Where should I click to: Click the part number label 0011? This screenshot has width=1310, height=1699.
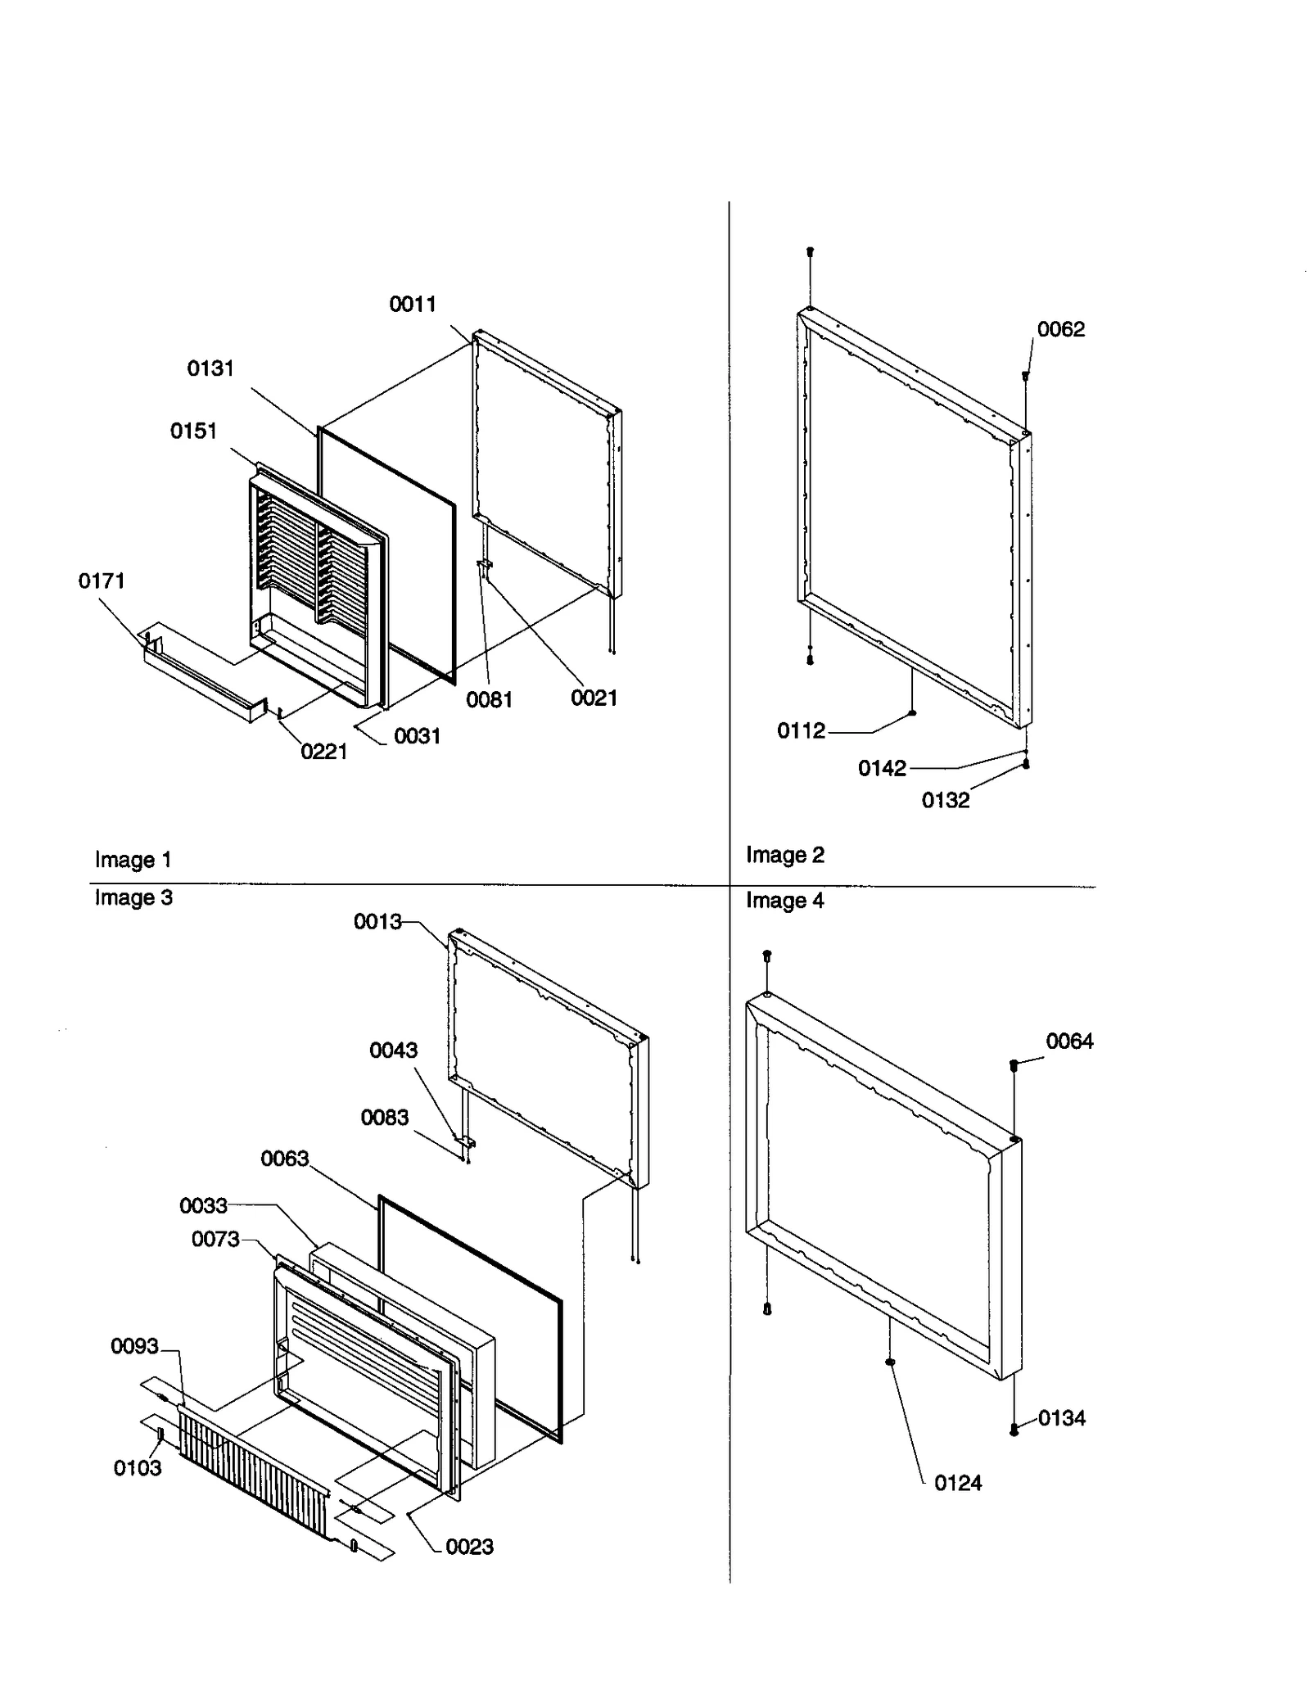tap(412, 305)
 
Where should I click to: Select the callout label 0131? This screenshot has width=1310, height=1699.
tap(210, 369)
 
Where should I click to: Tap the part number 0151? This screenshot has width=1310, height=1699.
tap(193, 432)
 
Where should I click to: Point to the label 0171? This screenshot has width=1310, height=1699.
tap(102, 581)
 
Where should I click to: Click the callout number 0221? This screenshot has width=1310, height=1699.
tap(324, 752)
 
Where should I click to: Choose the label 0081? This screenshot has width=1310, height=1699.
tap(489, 700)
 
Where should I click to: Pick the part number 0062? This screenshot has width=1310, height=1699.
tap(1060, 330)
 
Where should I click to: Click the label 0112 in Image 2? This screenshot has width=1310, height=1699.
tap(801, 731)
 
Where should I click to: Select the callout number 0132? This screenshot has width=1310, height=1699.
tap(945, 801)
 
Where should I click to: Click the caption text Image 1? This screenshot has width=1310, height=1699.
tap(133, 860)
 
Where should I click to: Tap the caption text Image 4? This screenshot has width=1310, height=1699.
tap(784, 901)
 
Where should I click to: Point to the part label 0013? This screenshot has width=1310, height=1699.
tap(377, 922)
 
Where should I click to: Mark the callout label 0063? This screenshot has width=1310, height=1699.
tap(284, 1159)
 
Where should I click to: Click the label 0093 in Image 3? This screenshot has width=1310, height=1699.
tap(134, 1347)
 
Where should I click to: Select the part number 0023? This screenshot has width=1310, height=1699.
tap(469, 1547)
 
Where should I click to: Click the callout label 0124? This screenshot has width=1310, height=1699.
tap(957, 1483)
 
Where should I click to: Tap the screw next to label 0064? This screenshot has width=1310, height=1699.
tap(1014, 1066)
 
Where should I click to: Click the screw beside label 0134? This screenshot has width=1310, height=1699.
tap(1014, 1430)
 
